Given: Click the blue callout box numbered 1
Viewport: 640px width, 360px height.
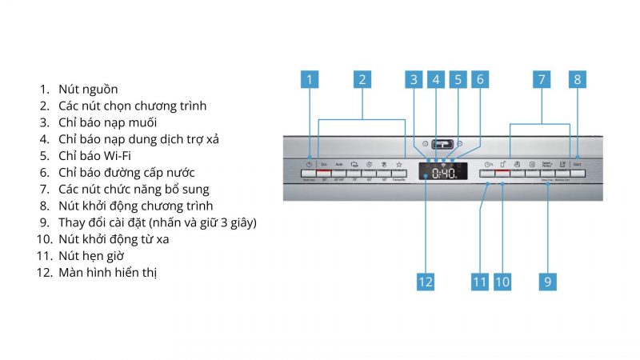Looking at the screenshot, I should click(x=311, y=79).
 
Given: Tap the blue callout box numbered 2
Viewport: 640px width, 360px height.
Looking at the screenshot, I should click(x=362, y=79).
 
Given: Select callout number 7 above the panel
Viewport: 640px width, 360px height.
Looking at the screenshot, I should click(x=542, y=79).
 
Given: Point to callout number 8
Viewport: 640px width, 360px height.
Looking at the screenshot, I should click(x=577, y=79).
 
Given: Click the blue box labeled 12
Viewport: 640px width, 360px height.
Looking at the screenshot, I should click(x=426, y=281).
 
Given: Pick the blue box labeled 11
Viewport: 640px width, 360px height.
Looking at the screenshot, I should click(x=479, y=281).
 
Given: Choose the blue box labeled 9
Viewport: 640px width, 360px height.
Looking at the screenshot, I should click(x=548, y=281).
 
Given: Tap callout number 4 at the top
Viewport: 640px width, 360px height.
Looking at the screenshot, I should click(x=435, y=79).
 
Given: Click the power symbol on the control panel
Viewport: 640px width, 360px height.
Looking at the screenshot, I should click(x=309, y=164).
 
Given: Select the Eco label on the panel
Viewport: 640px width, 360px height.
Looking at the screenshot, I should click(x=324, y=164).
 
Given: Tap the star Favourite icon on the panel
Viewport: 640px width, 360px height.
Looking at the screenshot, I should click(x=398, y=164).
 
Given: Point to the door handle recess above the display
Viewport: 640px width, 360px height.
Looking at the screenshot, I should click(x=442, y=144).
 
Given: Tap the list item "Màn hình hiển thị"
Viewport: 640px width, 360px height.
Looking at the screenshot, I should click(x=108, y=273).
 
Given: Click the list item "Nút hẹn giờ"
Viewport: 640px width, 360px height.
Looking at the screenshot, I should click(x=91, y=256).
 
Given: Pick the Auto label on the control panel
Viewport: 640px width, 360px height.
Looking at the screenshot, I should click(x=339, y=164).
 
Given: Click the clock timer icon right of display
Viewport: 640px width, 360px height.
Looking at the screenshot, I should click(x=487, y=164).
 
